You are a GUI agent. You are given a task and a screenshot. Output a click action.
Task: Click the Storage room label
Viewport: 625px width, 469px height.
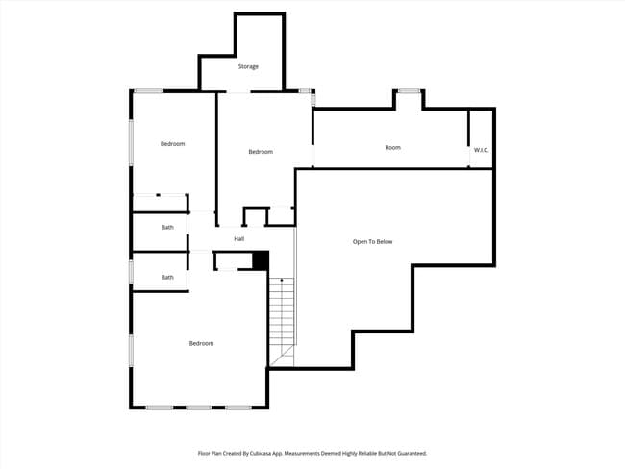tap(248, 67)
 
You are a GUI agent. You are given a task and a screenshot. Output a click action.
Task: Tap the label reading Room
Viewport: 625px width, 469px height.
tap(392, 148)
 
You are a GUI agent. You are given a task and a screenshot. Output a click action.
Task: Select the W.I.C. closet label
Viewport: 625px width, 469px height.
tap(481, 150)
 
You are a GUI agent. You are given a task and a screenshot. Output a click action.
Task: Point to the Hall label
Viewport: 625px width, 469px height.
tap(238, 239)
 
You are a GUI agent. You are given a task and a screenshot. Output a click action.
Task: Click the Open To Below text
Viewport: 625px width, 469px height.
tap(372, 242)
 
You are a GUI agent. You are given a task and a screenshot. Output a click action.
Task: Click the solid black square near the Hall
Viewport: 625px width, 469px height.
tap(259, 259)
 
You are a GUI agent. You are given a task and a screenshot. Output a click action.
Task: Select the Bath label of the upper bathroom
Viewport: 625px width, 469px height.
tap(167, 228)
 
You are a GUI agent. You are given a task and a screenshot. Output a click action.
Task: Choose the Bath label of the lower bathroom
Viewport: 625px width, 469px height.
tap(167, 278)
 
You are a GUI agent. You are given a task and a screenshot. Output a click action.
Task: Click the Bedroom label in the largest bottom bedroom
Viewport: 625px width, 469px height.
tap(201, 344)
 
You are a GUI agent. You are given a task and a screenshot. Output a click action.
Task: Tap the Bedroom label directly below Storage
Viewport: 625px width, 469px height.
tap(261, 152)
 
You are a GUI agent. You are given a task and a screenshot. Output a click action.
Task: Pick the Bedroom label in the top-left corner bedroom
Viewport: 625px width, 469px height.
tap(172, 144)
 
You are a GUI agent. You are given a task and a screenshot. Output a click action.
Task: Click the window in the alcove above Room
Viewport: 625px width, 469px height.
tap(409, 91)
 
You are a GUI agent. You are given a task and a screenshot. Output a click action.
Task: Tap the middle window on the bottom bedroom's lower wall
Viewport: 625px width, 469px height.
tap(199, 407)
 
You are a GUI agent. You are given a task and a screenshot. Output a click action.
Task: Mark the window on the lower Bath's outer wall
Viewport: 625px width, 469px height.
tap(131, 272)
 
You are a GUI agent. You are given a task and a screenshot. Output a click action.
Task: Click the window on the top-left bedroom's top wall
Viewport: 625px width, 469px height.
tap(148, 91)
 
